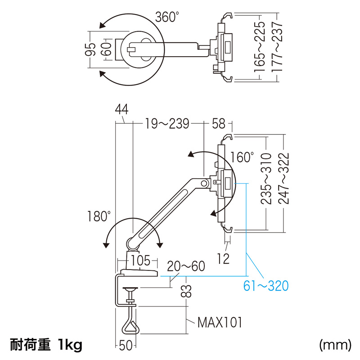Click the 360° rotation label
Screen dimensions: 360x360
pyautogui.click(x=167, y=17)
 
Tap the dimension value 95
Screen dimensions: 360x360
pyautogui.click(x=92, y=49)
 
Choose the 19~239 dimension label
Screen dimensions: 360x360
pyautogui.click(x=167, y=123)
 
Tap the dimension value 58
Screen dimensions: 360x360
pyautogui.click(x=218, y=123)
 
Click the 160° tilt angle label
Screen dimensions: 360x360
pyautogui.click(x=242, y=157)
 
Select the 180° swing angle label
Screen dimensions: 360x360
pyautogui.click(x=99, y=216)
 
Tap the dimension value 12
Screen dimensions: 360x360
pyautogui.click(x=223, y=258)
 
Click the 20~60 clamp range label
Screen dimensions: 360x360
pyautogui.click(x=186, y=266)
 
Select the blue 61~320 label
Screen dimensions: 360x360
pyautogui.click(x=265, y=285)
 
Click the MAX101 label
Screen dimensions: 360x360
pyautogui.click(x=220, y=322)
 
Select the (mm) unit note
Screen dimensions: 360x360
pyautogui.click(x=335, y=345)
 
